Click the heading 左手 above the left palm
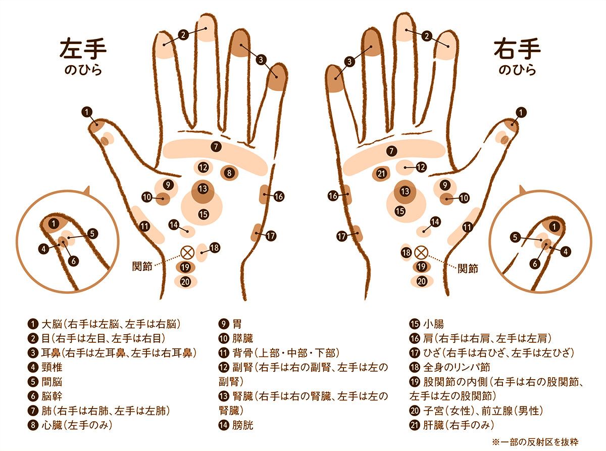[x=83, y=49]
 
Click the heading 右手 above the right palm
[x=517, y=49]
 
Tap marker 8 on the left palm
[x=229, y=173]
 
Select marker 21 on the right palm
[x=381, y=173]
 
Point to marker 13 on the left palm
[x=203, y=189]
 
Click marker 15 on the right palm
[x=400, y=211]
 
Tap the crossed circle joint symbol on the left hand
[x=188, y=253]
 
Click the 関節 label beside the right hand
[x=468, y=268]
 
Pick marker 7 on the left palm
[x=216, y=147]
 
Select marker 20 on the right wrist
[x=422, y=281]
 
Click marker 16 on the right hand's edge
[x=333, y=196]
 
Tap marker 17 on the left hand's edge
[x=271, y=236]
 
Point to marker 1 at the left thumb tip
[x=87, y=112]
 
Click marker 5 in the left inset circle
[x=92, y=234]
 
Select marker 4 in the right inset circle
[x=566, y=251]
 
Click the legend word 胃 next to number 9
[x=237, y=324]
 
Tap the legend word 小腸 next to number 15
[x=433, y=324]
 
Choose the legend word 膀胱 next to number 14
[x=242, y=425]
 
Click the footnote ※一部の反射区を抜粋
[x=535, y=442]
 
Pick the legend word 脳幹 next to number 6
[x=52, y=396]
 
